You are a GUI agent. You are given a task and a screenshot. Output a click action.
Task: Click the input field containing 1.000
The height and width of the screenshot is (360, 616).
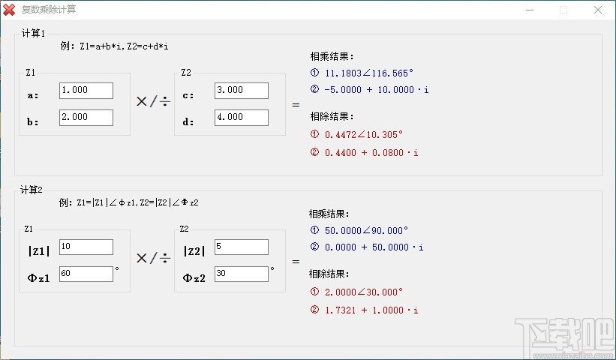tap(86, 90)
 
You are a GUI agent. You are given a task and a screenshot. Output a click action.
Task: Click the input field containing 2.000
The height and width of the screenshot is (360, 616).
tap(86, 117)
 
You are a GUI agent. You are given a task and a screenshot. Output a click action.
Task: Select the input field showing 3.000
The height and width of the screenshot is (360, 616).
tap(241, 90)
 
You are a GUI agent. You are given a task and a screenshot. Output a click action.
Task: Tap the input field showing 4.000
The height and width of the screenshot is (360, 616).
tap(241, 117)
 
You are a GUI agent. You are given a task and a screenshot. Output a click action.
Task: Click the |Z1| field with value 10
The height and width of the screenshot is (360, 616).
tap(86, 247)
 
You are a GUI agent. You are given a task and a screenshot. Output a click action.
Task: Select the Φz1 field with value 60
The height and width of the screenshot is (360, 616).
tap(86, 274)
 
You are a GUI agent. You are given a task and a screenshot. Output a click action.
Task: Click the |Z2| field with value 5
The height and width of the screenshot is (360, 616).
tap(241, 247)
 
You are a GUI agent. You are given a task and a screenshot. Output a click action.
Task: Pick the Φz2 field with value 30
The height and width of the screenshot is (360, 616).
tap(241, 274)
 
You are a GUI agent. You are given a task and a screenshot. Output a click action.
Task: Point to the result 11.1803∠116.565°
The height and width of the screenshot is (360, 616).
tap(369, 73)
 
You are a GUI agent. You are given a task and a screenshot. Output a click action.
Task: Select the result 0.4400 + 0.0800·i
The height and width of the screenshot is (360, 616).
tap(371, 153)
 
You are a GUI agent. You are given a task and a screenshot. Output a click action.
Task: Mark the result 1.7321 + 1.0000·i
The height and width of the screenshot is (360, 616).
tap(371, 310)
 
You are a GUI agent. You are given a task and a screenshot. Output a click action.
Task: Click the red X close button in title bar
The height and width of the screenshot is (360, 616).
tap(597, 10)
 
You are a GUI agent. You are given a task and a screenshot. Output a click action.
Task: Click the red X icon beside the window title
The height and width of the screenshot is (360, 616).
tap(10, 10)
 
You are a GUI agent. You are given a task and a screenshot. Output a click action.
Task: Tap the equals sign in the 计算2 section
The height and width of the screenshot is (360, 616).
tap(295, 262)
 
